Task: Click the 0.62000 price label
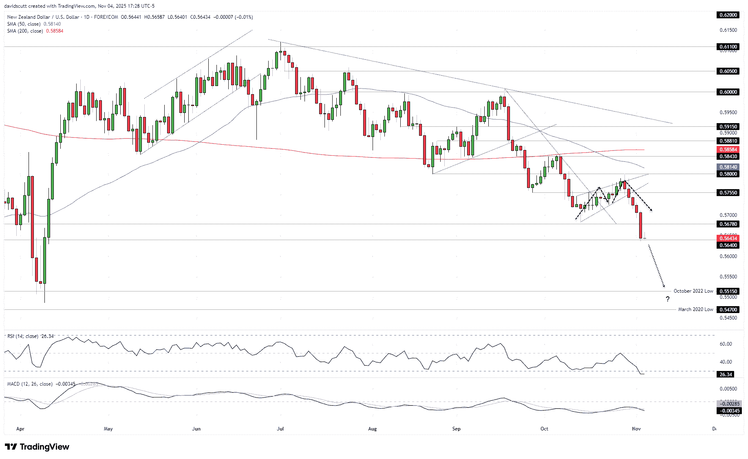click(728, 15)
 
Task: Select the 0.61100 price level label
click(728, 47)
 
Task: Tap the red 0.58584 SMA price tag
click(728, 150)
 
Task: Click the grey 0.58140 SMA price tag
click(728, 167)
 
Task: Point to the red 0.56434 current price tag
click(728, 238)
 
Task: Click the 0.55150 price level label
click(728, 291)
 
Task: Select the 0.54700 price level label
click(728, 309)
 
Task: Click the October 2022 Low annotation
click(693, 291)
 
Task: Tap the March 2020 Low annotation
click(695, 309)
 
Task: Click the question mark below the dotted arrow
click(668, 300)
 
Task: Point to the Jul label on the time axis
click(280, 429)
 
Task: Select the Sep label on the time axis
click(456, 429)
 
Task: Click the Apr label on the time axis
click(20, 429)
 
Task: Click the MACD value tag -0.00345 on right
click(728, 410)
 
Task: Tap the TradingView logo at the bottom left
click(37, 447)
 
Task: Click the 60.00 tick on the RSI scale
click(726, 344)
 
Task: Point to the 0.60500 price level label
click(728, 71)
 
